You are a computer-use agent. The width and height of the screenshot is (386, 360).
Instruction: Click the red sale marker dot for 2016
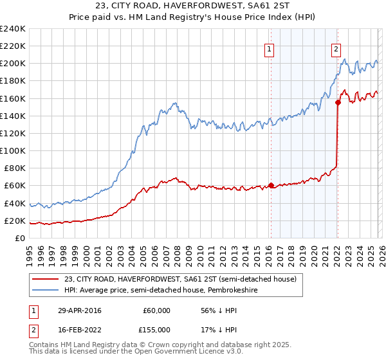coord(271,186)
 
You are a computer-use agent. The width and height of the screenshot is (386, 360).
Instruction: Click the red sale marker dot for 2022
coord(338,101)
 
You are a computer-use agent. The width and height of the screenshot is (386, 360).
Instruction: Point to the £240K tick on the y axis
coord(13,29)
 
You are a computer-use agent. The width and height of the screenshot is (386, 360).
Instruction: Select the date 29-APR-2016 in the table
coord(80,310)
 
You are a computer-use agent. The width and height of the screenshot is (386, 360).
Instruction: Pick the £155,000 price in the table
coord(157,329)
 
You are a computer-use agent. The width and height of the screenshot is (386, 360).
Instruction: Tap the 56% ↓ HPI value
coord(219,310)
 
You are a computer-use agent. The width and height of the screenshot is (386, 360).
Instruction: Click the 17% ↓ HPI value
coord(219,329)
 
